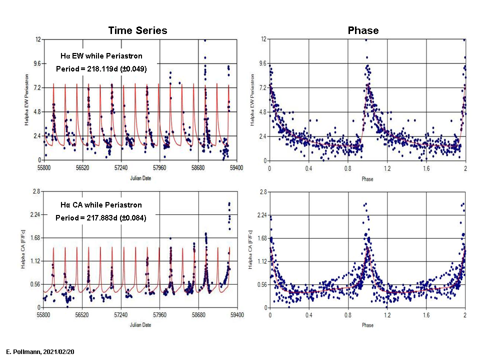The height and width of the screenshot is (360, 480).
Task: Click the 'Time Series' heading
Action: [x=137, y=30]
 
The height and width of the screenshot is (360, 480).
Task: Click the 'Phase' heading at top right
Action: [x=363, y=30]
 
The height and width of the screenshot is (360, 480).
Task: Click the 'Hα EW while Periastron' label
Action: [x=101, y=55]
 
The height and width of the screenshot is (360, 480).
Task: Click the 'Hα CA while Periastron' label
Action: [x=101, y=205]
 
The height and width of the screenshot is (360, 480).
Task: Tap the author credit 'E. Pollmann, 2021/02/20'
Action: [x=40, y=352]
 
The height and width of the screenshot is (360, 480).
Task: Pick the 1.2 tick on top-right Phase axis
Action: [x=387, y=168]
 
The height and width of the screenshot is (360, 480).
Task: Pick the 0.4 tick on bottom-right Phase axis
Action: [x=309, y=315]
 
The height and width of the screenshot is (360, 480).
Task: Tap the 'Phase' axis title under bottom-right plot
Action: [x=367, y=325]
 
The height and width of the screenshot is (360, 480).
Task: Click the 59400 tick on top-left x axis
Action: [x=236, y=168]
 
